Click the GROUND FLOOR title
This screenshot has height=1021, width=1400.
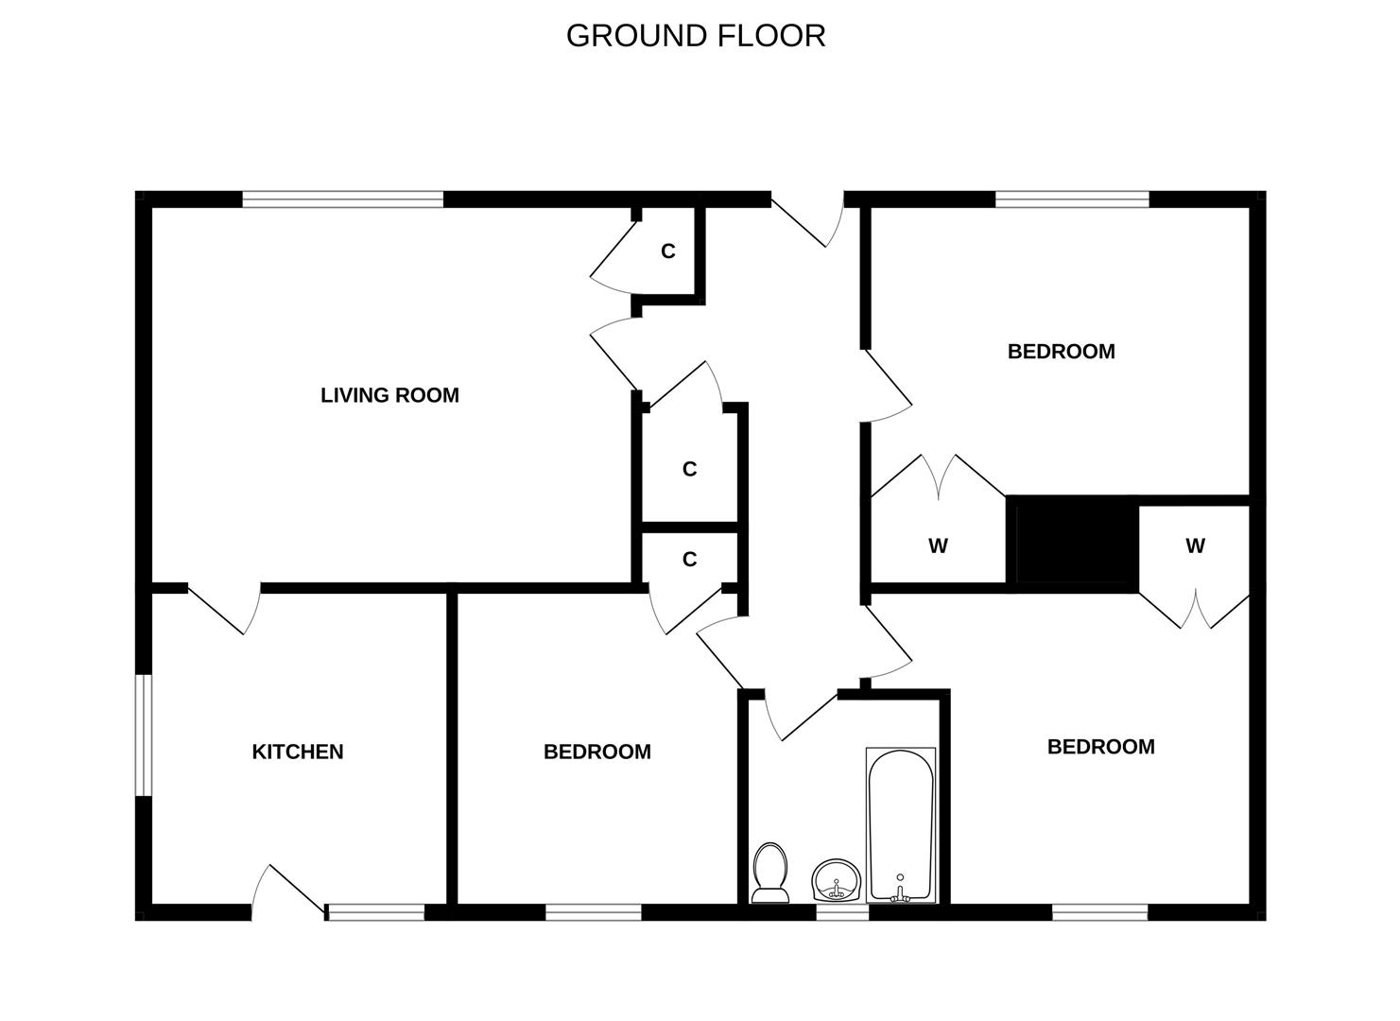pos(696,36)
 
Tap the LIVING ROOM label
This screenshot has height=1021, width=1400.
pos(390,395)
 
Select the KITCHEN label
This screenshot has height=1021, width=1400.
pos(298,752)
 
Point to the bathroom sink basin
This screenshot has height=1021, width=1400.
pos(837,880)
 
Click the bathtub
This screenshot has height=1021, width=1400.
pos(901,824)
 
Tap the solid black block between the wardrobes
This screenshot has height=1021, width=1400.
pos(1073,544)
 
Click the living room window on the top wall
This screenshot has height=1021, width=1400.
pos(342,199)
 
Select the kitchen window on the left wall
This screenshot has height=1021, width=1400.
pos(144,735)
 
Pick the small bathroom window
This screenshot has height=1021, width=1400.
pos(842,912)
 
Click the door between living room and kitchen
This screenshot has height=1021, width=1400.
pos(224,609)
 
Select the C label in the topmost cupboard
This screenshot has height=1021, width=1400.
pos(668,251)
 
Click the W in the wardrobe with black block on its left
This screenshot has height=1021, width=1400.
pos(1195,546)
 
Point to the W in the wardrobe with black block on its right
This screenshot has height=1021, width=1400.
pos(938,546)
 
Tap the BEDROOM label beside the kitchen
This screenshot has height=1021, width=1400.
pos(597,752)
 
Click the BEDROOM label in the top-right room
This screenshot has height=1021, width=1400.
pos(1062,352)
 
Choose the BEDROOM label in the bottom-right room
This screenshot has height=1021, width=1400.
pos(1101,747)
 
